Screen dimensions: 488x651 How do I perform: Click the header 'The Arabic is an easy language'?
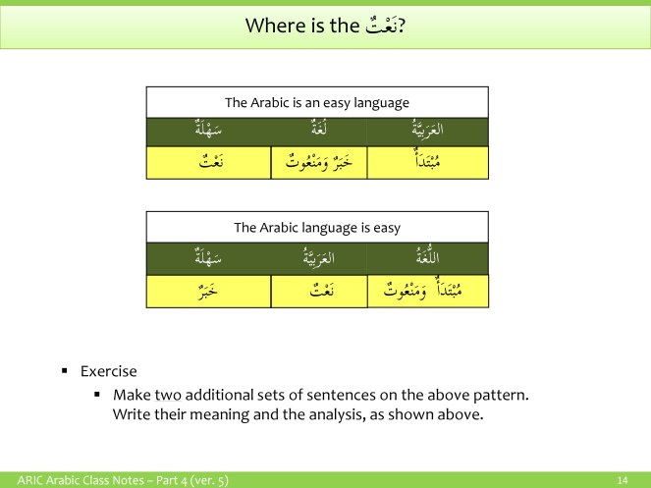317,102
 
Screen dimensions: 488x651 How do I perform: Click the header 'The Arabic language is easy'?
317,227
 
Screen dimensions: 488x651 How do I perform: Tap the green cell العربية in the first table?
427,132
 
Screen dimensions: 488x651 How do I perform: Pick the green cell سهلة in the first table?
208,132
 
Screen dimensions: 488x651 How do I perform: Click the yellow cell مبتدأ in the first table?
427,163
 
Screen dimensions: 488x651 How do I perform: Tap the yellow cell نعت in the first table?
208,163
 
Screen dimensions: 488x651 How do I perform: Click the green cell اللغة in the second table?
427,259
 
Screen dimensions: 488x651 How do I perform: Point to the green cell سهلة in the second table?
208,259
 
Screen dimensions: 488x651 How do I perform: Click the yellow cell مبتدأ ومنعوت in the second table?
427,291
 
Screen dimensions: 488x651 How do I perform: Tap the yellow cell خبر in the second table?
208,291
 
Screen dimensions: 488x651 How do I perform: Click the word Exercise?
108,371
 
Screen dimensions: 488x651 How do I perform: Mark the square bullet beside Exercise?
64,371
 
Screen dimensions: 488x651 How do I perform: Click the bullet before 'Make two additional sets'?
97,395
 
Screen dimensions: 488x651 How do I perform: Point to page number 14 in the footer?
622,480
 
